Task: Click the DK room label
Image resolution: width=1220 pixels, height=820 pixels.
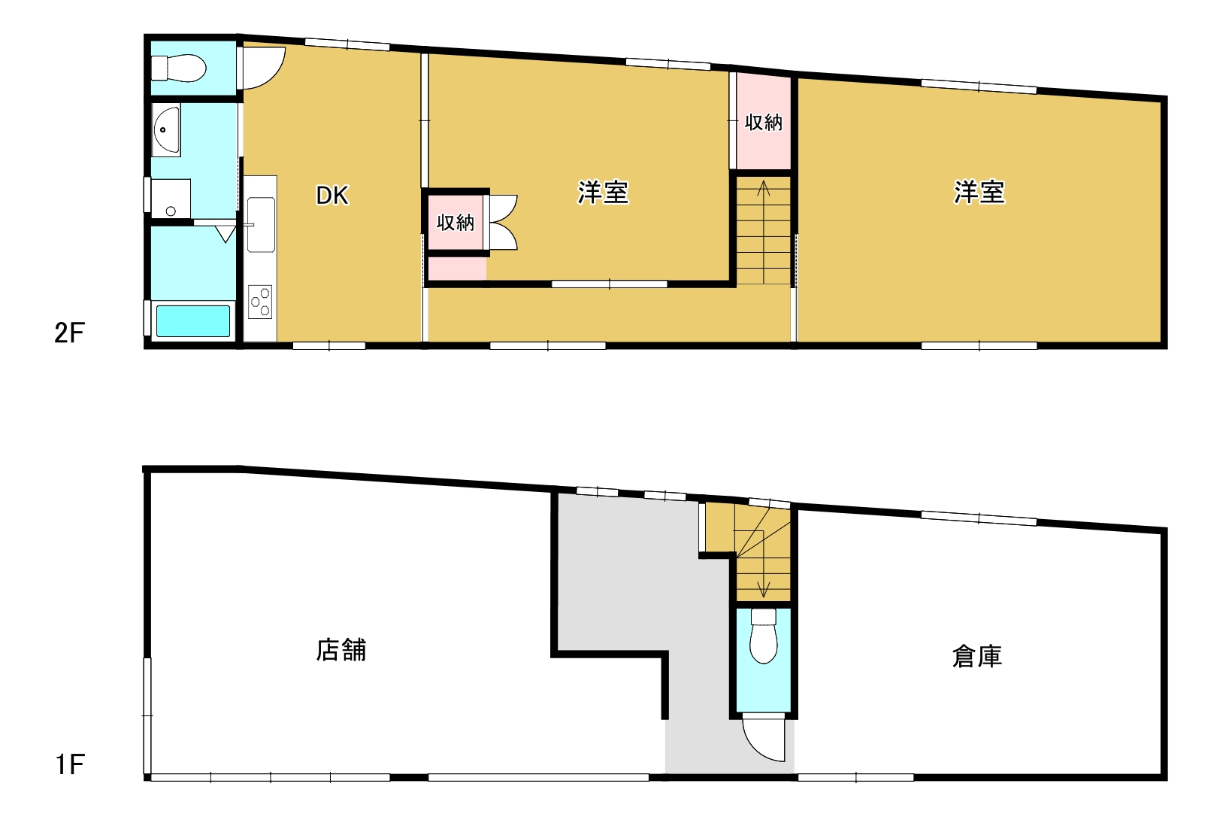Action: click(332, 195)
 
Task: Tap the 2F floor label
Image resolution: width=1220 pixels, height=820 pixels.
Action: click(70, 332)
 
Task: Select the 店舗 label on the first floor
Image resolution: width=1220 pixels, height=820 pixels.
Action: click(341, 650)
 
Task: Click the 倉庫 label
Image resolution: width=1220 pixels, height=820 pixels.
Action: click(977, 656)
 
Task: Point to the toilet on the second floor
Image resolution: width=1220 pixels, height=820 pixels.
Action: click(179, 68)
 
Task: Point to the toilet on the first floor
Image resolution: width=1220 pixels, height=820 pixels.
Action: click(763, 636)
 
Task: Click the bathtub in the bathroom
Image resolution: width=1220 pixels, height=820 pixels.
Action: click(193, 321)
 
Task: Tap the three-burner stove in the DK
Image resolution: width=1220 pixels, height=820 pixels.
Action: click(260, 302)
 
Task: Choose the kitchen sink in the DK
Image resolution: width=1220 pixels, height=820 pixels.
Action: click(261, 225)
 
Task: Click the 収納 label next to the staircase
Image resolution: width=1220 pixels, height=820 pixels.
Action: click(764, 122)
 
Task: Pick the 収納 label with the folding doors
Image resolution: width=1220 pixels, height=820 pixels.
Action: click(456, 222)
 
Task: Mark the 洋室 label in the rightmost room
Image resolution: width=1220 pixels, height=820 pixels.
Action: click(979, 193)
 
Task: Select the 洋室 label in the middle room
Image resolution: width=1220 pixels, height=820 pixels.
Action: click(603, 193)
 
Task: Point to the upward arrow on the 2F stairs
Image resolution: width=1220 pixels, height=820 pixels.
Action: click(764, 232)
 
